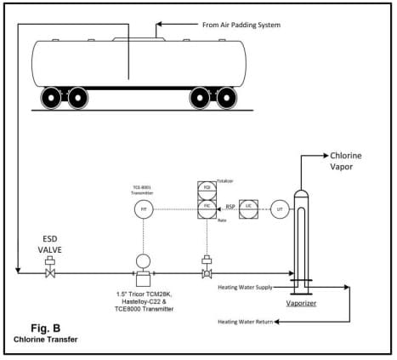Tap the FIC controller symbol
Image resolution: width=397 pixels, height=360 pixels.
click(206, 206)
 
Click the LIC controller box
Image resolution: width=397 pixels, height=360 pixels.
click(247, 207)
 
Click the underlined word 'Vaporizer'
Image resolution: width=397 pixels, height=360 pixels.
click(301, 302)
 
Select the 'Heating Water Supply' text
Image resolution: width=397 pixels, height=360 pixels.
click(245, 287)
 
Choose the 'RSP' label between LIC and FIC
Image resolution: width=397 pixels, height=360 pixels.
click(229, 205)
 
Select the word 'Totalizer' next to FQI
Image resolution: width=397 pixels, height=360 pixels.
click(225, 181)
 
